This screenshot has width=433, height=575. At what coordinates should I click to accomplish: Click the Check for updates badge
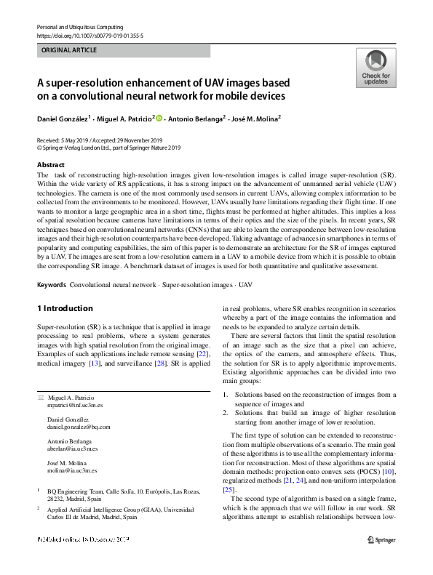click(x=375, y=68)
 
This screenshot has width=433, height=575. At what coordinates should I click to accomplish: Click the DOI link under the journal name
click(x=90, y=35)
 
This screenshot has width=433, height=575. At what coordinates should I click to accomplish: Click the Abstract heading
click(x=50, y=166)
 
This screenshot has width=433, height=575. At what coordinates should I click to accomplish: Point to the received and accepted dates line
click(x=99, y=140)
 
